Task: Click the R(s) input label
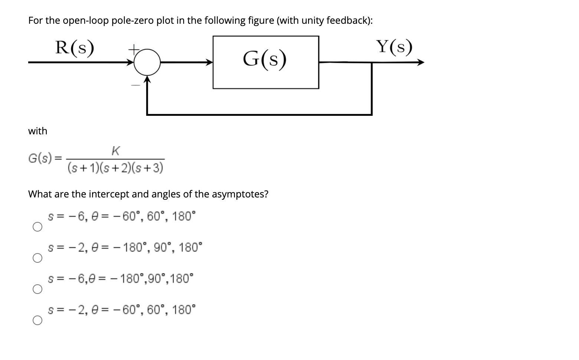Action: [x=74, y=48]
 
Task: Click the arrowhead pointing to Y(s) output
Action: [x=420, y=62]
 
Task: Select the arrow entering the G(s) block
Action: [x=208, y=62]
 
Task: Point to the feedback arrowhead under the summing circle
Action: [x=147, y=79]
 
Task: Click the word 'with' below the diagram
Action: [x=37, y=131]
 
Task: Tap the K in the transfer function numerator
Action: [x=115, y=151]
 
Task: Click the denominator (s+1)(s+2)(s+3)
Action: [x=115, y=168]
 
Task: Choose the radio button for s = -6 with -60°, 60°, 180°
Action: [x=37, y=227]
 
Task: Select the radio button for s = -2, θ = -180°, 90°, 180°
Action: [x=37, y=258]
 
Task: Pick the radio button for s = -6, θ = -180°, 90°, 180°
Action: [x=37, y=289]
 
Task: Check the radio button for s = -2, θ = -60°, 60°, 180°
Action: [x=37, y=320]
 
